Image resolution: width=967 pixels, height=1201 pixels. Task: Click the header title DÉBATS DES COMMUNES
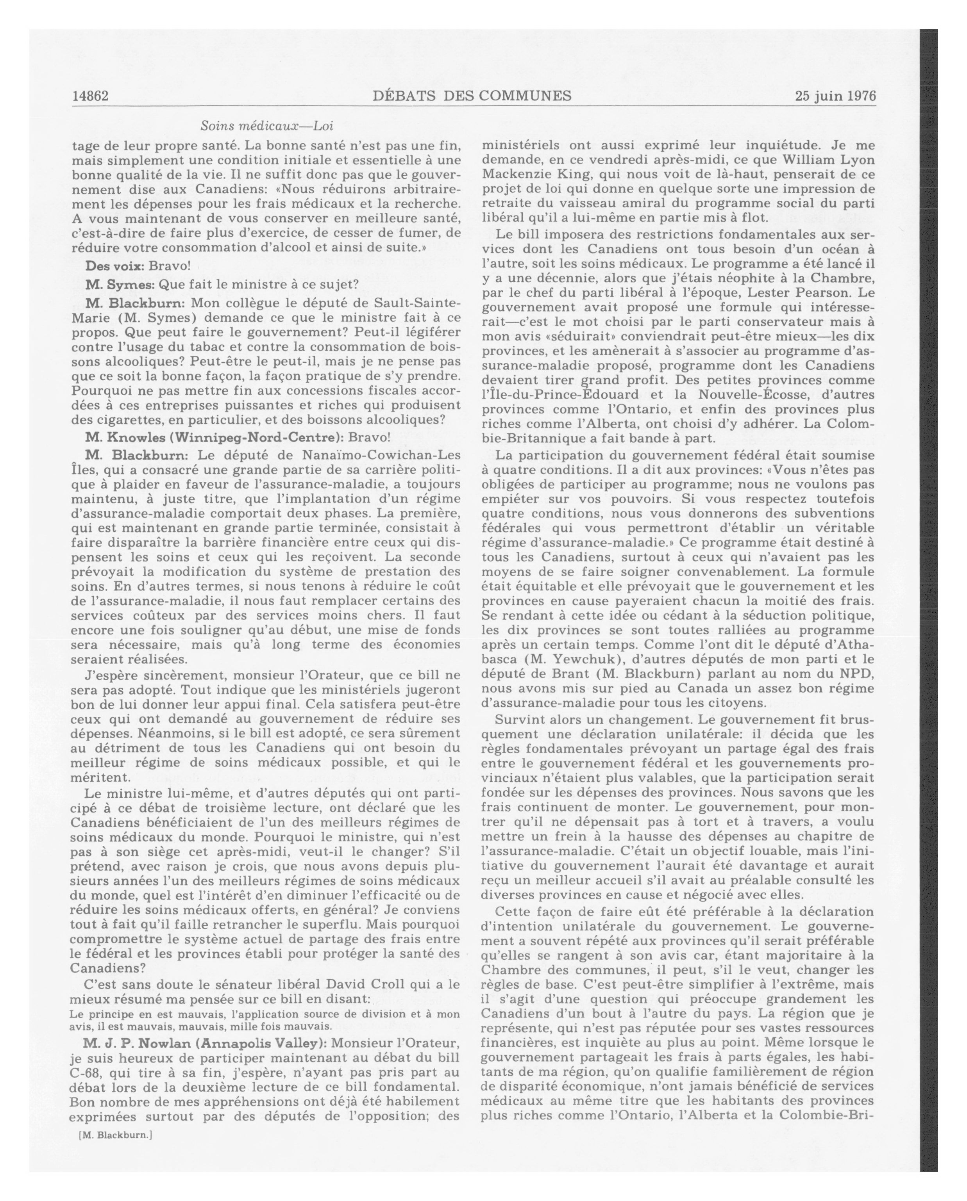(x=472, y=96)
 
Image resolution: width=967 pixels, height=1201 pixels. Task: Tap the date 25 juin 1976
(x=835, y=96)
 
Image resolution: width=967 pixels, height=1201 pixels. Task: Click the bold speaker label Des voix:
(x=114, y=266)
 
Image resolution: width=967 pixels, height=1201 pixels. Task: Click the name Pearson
(x=813, y=292)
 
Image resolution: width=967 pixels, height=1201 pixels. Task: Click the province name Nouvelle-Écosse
(x=749, y=394)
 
